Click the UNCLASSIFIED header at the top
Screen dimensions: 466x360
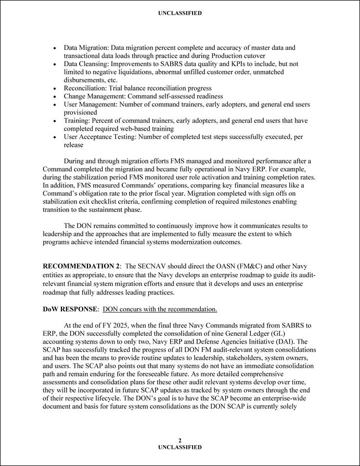pos(179,13)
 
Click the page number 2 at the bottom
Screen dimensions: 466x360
pos(179,440)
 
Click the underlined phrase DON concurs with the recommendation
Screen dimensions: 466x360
pos(160,309)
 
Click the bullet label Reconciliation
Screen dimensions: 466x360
pos(85,89)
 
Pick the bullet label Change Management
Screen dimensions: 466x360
pos(95,96)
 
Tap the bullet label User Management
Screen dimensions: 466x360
pos(91,105)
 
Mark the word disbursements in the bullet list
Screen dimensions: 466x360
pos(87,80)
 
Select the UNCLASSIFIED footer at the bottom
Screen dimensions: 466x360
pos(179,447)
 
